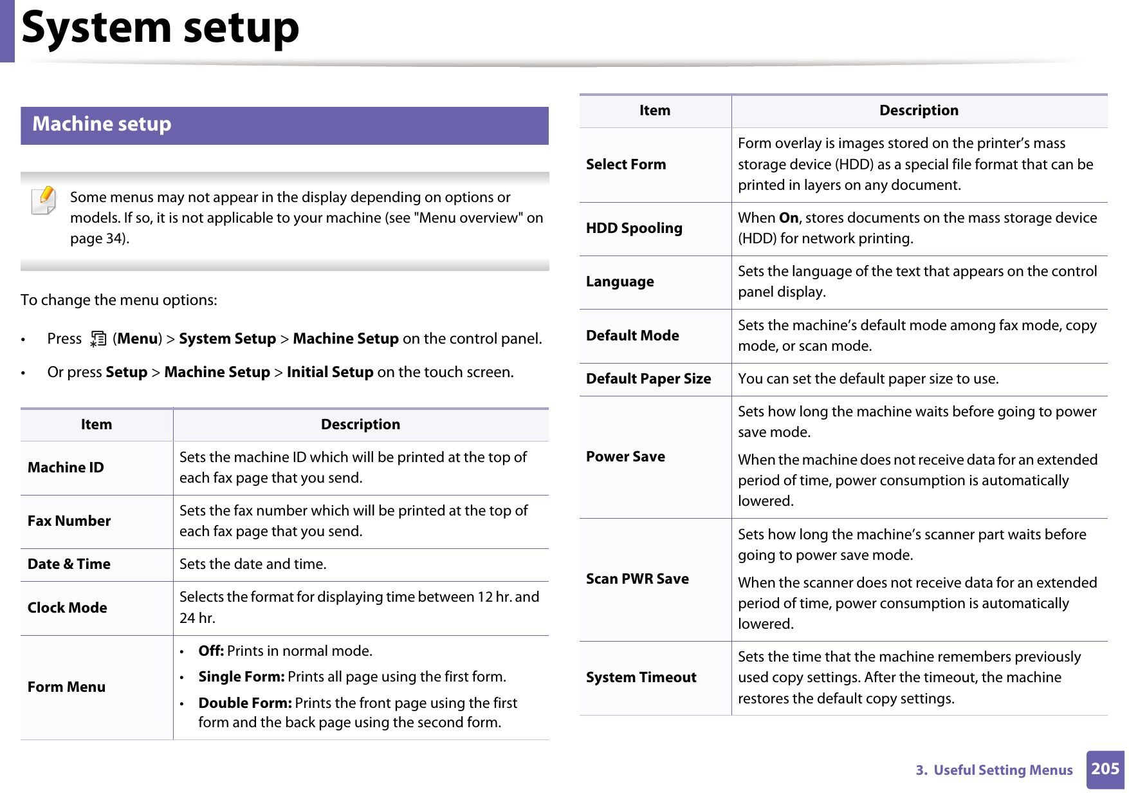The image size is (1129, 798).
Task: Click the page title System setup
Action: tap(160, 28)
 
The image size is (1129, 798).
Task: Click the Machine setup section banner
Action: tap(284, 125)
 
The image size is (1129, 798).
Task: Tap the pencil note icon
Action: tap(44, 200)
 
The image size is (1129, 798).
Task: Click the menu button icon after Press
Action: tap(98, 339)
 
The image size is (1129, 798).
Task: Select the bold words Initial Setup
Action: tap(329, 373)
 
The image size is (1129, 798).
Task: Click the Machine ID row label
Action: tap(66, 468)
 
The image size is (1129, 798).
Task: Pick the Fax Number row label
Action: tap(69, 521)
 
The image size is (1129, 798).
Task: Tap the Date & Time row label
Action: tap(69, 564)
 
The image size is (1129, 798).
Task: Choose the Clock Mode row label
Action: tap(67, 608)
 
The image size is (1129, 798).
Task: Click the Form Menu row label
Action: tap(66, 687)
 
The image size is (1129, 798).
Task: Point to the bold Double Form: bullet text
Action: tap(245, 703)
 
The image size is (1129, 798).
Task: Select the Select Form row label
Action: tap(625, 165)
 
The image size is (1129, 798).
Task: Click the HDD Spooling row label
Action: tap(634, 228)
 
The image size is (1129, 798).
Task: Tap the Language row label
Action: tap(620, 282)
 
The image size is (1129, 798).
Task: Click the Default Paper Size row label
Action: tap(648, 379)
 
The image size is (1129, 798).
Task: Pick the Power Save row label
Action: tap(625, 457)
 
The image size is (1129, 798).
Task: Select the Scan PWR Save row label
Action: tap(637, 579)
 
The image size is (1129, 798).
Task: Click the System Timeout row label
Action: tap(641, 678)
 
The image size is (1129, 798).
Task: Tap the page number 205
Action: tap(1105, 769)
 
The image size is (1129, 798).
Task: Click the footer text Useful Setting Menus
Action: tap(1002, 770)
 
